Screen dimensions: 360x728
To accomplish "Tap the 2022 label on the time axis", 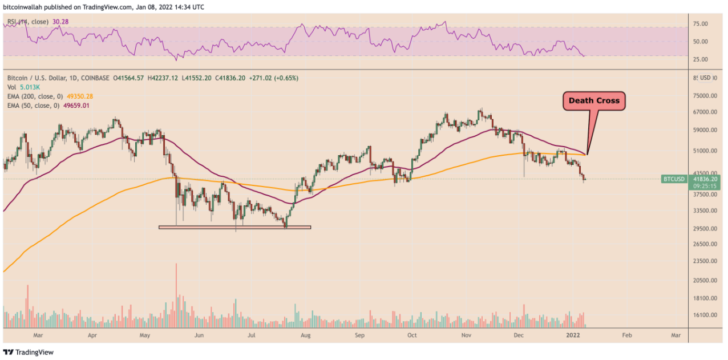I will point(575,336).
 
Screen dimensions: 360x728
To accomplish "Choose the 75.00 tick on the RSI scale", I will point(700,24).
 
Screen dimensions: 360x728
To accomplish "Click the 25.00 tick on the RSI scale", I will point(700,59).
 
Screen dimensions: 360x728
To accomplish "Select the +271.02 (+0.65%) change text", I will point(270,78).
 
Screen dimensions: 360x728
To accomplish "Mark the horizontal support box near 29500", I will point(234,227).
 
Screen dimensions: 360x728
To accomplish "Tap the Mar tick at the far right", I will point(676,336).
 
